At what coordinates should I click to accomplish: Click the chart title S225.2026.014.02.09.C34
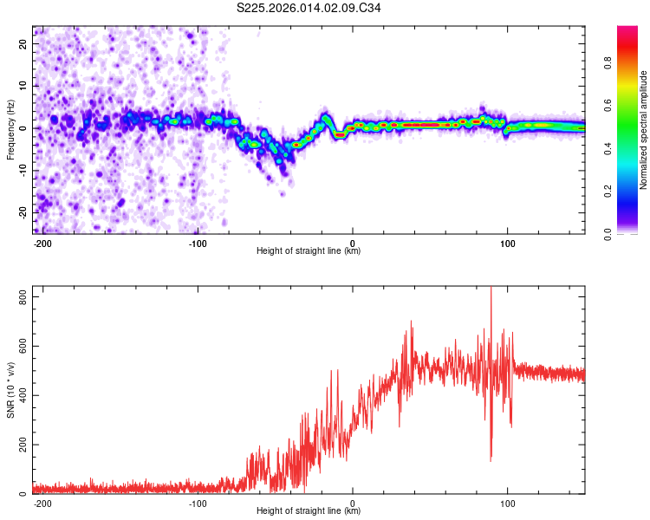click(309, 9)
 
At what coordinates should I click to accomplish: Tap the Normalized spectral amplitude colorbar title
click(644, 130)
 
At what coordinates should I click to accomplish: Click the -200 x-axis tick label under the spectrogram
click(42, 243)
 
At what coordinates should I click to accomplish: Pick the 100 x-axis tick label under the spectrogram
click(508, 243)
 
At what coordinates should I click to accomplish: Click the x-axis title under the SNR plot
click(309, 511)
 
